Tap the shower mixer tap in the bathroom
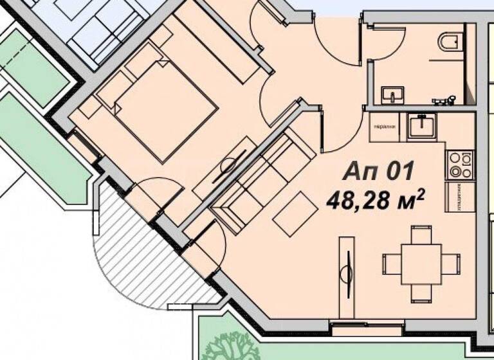(x=443, y=99)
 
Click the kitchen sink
(x=422, y=125)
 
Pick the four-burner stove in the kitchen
(x=458, y=164)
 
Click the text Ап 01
(x=378, y=172)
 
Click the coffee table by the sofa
(x=293, y=213)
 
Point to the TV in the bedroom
(x=227, y=165)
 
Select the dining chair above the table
(x=422, y=233)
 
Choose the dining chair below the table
(x=422, y=294)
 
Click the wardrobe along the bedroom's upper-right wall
(x=218, y=49)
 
